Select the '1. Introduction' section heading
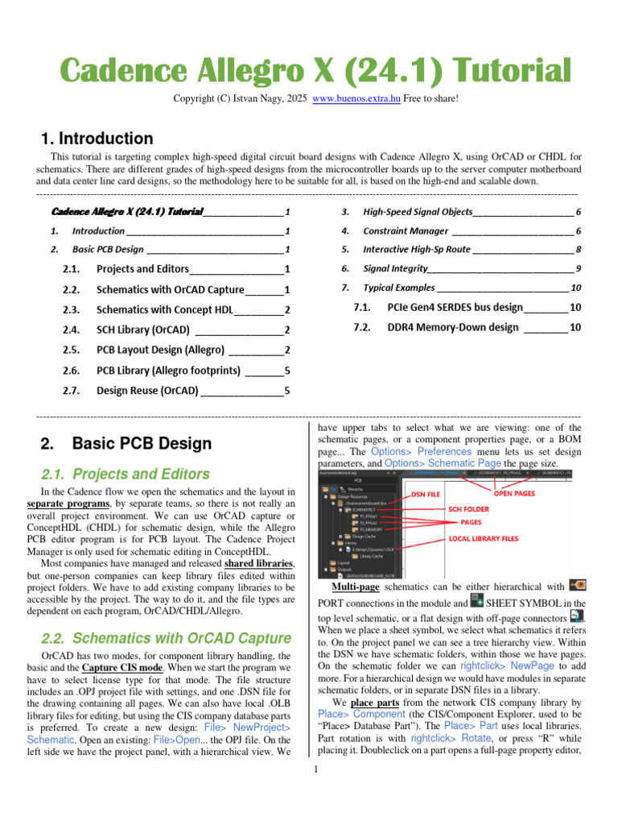coord(97,139)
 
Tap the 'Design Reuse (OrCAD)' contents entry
coord(147,391)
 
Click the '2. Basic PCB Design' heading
coord(126,443)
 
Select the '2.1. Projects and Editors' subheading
coord(124,474)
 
